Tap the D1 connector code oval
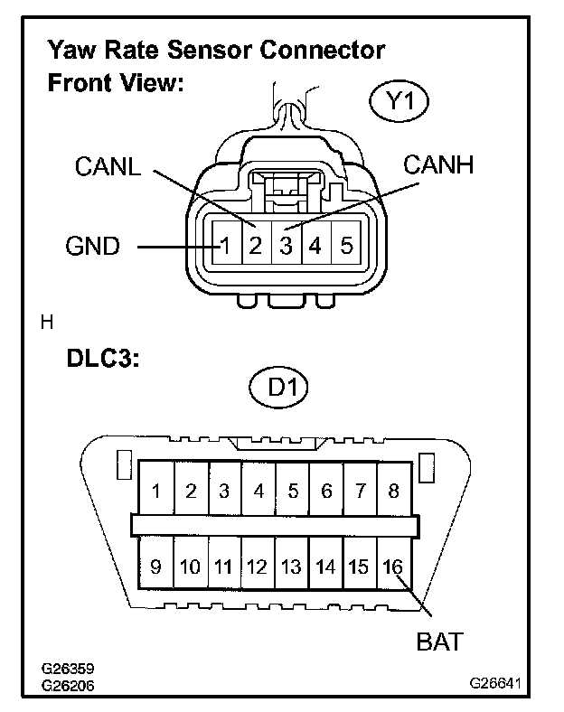pos(278,389)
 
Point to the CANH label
pos(438,165)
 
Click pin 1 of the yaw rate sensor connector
pos(227,245)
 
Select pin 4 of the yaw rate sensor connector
pos(315,245)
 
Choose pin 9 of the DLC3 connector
pos(156,567)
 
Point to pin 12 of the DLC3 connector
pos(258,567)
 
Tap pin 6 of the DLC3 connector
pos(326,492)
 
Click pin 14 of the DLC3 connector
pos(325,567)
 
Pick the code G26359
pos(69,670)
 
